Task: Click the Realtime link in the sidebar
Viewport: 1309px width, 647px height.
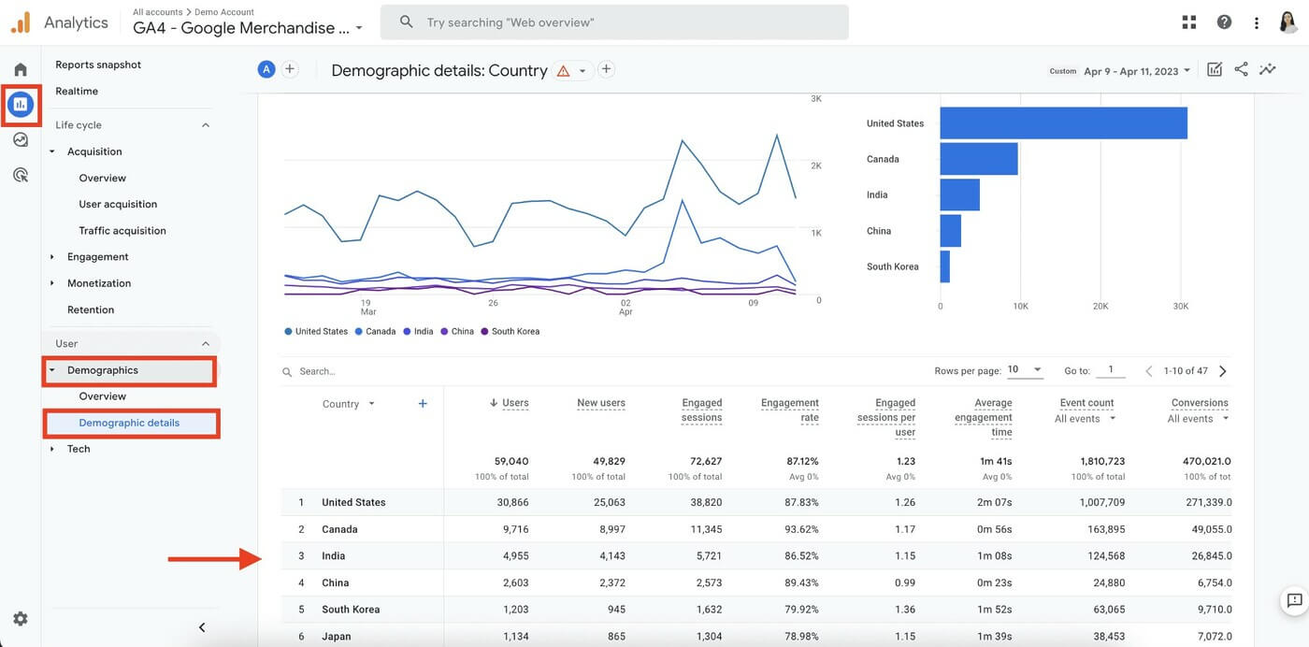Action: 77,91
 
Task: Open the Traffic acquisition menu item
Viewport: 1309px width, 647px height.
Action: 122,230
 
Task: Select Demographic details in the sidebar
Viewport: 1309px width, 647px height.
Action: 129,423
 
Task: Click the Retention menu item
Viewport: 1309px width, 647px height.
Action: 91,309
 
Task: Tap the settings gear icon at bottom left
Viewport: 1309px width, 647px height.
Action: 21,618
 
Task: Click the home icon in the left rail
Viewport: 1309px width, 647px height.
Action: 21,69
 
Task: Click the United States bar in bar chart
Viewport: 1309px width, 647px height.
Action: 1063,123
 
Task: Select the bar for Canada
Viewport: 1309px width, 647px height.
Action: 978,159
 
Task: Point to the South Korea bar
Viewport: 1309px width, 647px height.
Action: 944,266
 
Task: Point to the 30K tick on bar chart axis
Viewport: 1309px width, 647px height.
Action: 1180,306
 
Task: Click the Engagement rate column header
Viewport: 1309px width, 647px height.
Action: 789,410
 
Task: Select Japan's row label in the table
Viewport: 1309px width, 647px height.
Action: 337,636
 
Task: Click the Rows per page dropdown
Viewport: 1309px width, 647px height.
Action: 1024,370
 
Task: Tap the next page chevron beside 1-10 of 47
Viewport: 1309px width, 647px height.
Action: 1222,371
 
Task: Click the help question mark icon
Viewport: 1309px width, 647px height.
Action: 1224,22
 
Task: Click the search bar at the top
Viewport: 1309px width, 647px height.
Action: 614,22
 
